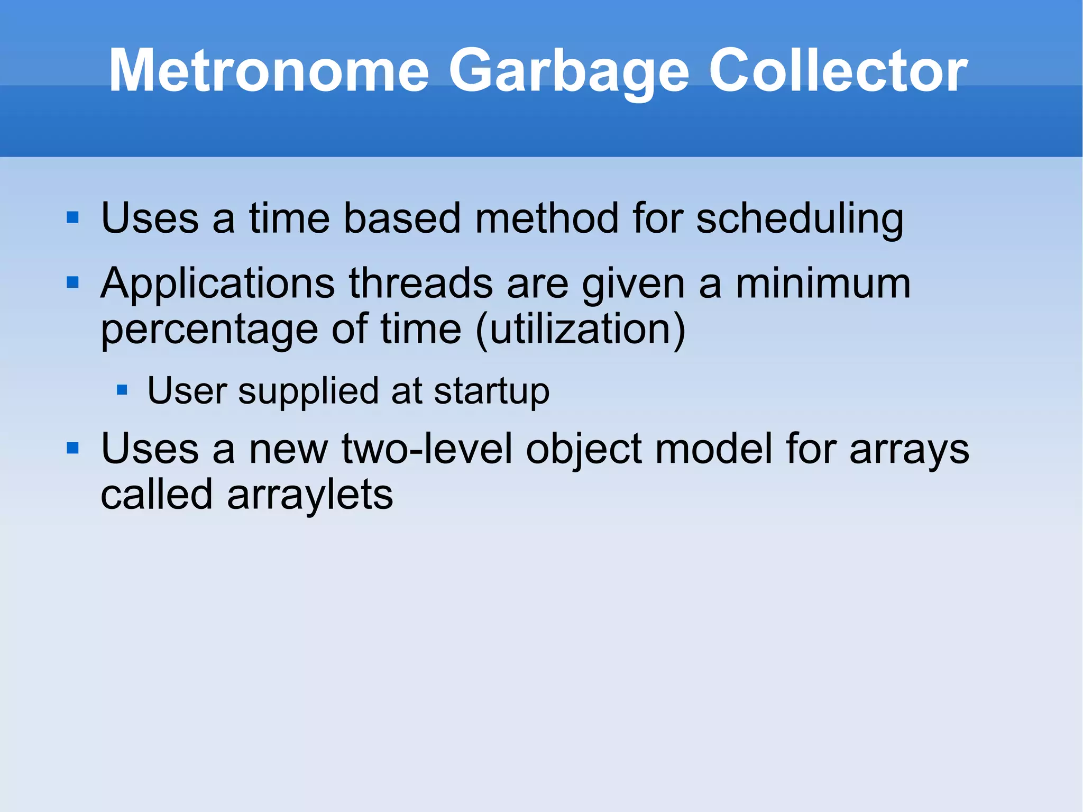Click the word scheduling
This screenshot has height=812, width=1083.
(x=800, y=219)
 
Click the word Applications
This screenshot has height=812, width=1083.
(x=217, y=285)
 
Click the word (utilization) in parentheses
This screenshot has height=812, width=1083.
(x=581, y=330)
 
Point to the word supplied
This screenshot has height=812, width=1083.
(x=308, y=392)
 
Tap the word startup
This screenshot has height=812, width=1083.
(x=491, y=392)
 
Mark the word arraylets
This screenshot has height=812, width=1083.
(x=310, y=495)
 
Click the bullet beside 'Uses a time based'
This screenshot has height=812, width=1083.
(x=72, y=217)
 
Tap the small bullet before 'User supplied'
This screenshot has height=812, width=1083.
(x=122, y=390)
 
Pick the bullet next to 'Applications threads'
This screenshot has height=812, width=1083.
(x=72, y=282)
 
